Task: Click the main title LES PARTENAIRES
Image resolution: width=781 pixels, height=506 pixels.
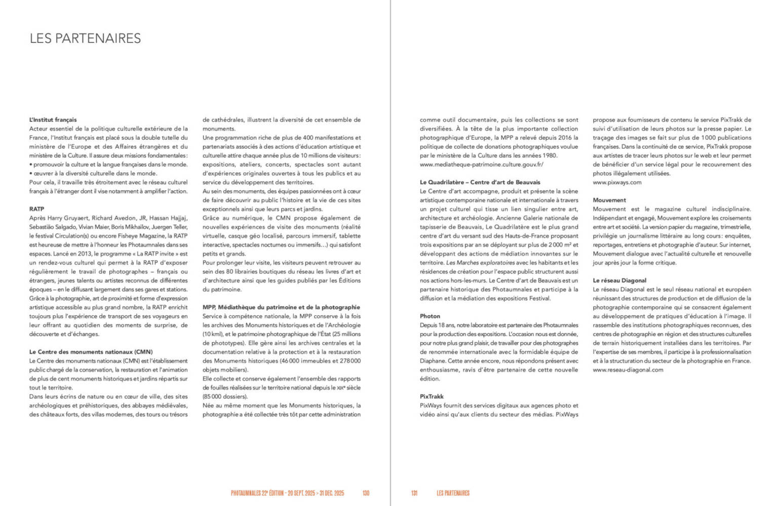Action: click(85, 38)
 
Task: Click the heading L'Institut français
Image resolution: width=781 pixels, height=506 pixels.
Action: click(53, 120)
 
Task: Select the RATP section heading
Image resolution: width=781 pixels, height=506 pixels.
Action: click(36, 209)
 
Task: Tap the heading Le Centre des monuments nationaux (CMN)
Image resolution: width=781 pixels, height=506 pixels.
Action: click(91, 352)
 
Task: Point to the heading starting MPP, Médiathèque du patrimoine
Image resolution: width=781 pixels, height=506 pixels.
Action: click(281, 307)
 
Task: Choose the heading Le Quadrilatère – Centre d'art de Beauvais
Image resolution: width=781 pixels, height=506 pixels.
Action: click(480, 182)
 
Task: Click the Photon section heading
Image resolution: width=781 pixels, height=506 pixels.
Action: click(430, 316)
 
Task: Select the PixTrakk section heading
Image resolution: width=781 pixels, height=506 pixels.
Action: click(432, 396)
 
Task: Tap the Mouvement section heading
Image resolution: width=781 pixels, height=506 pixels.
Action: click(609, 200)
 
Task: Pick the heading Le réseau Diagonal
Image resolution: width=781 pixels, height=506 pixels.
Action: click(619, 280)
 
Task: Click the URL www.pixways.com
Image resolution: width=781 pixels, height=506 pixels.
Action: click(617, 182)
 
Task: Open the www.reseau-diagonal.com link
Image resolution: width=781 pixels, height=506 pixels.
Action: click(628, 370)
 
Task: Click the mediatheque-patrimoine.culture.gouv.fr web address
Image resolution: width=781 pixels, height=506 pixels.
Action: click(481, 164)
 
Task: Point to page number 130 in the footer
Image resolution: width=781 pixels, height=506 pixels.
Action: click(366, 493)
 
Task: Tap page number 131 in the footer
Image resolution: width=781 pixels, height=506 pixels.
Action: click(414, 493)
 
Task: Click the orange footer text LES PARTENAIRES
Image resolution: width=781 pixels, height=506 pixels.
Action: click(453, 493)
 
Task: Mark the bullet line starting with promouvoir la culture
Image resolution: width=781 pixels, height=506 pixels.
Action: click(108, 164)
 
